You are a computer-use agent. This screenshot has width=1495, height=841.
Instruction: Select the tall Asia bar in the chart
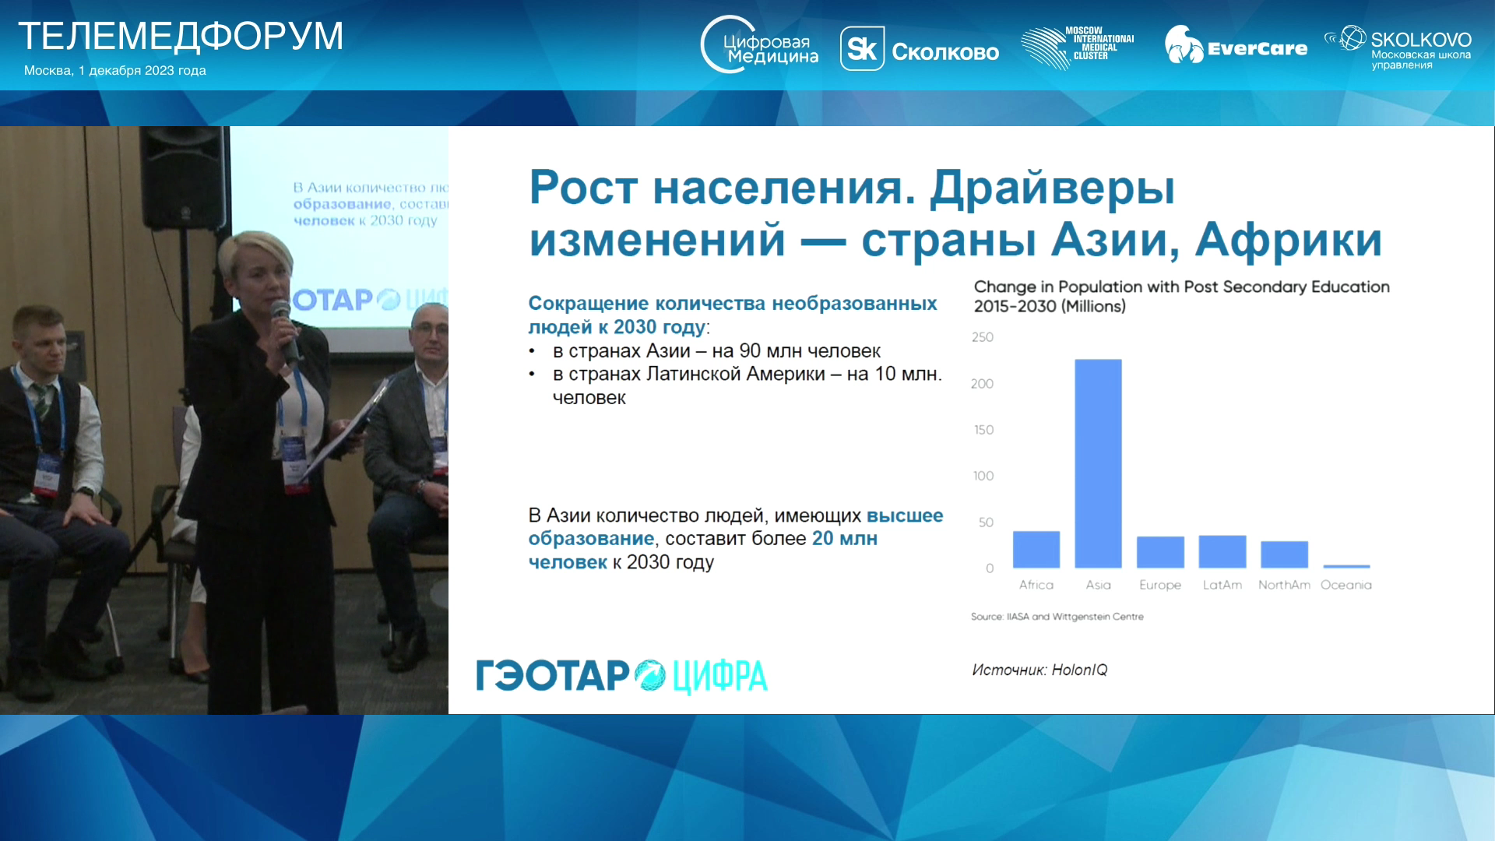(x=1098, y=463)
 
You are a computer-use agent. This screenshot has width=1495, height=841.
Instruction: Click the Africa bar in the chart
(x=1036, y=550)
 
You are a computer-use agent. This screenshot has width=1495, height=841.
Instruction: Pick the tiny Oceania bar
(x=1346, y=566)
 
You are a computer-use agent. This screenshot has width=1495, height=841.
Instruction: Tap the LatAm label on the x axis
(x=1222, y=585)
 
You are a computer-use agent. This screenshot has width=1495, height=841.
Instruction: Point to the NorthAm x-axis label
(x=1284, y=585)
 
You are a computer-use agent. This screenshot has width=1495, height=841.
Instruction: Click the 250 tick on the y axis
(x=983, y=337)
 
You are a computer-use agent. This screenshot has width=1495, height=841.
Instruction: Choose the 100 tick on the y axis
(x=983, y=476)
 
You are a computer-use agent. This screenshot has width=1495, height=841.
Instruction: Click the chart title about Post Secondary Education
(x=1181, y=297)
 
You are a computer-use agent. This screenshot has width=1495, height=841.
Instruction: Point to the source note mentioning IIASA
(x=1057, y=617)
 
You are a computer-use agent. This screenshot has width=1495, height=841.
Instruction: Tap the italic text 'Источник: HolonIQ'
(x=1039, y=670)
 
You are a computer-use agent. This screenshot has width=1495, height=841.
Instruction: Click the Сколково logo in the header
(x=920, y=50)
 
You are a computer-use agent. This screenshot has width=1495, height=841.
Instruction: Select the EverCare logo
(x=1236, y=46)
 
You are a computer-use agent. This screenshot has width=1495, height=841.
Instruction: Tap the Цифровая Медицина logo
(x=759, y=45)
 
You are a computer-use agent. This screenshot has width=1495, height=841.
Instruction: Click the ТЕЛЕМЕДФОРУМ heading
(x=181, y=36)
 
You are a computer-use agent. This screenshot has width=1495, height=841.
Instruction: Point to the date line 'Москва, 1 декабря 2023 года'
(x=115, y=71)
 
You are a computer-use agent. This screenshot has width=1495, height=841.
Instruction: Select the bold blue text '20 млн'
(x=845, y=538)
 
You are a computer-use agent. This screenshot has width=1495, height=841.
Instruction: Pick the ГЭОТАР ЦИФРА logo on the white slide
(x=621, y=676)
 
